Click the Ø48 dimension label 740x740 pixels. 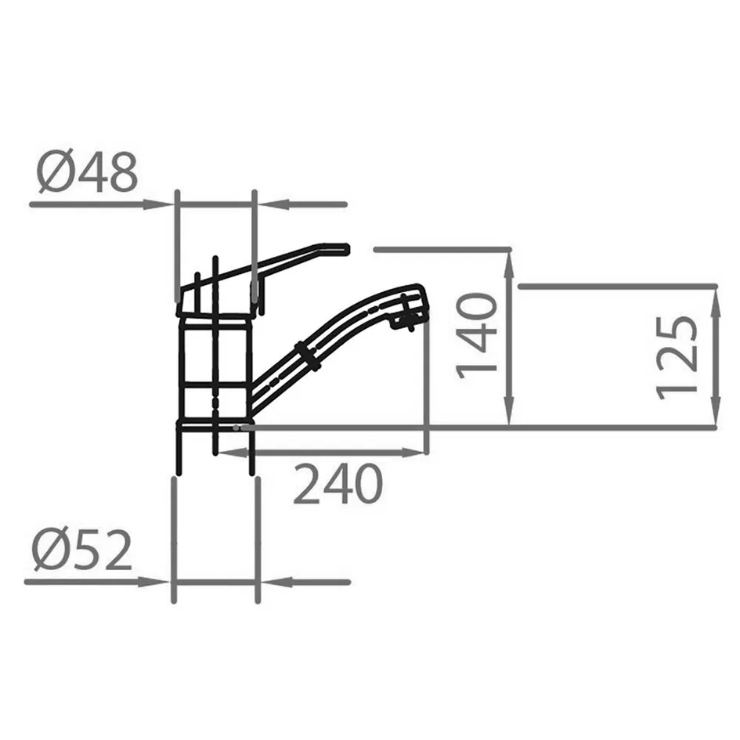coord(87,172)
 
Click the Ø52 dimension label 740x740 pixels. coord(81,550)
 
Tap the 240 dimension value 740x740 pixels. coord(338,484)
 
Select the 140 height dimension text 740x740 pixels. coord(477,336)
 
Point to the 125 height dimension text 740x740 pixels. coord(677,358)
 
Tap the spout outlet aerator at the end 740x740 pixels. coord(407,316)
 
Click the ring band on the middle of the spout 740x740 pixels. coord(309,356)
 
